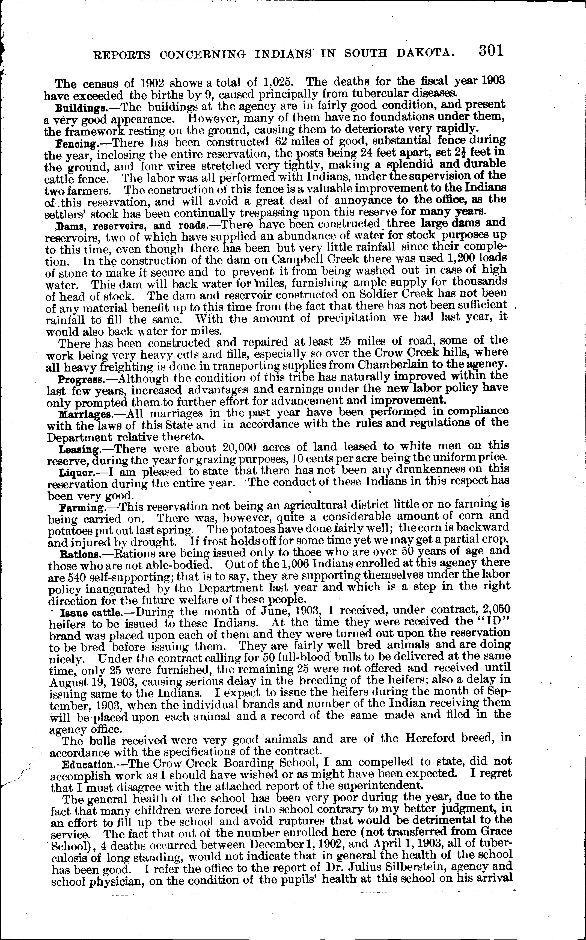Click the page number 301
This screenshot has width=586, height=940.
[491, 51]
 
